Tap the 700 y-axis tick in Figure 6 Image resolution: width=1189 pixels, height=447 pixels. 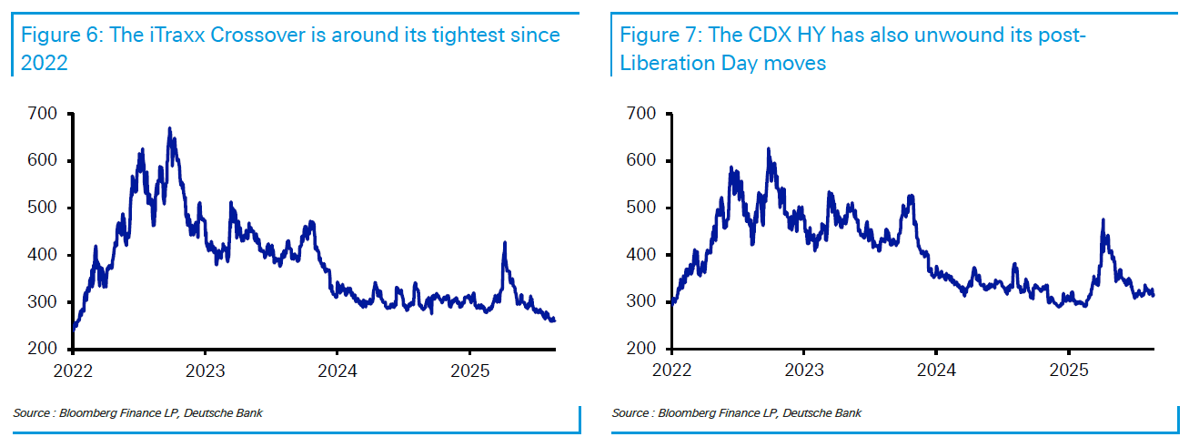coord(43,114)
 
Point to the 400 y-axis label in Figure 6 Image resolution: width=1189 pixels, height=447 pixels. coord(43,255)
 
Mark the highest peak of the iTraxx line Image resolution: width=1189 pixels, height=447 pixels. coord(169,129)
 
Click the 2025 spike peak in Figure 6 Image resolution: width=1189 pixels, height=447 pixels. coord(504,243)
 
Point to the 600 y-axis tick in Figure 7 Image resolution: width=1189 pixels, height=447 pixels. coord(641,161)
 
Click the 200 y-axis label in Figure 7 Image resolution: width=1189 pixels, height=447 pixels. coord(641,350)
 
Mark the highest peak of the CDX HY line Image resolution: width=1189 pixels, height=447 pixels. coord(768,149)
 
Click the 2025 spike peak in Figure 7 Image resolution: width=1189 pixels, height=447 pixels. coord(1103,220)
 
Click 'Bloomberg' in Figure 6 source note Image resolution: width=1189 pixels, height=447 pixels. coord(86,414)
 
